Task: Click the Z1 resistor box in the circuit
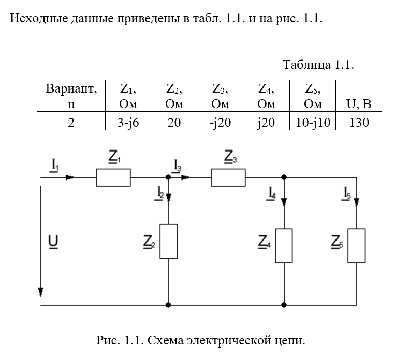point(113,177)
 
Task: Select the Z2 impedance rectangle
point(169,241)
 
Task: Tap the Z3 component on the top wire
point(228,177)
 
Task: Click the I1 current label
point(54,165)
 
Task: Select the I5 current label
point(346,194)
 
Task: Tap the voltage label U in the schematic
point(52,242)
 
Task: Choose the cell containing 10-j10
point(313,123)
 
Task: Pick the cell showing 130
point(359,123)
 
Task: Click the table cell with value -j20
point(220,123)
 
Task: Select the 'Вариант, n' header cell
point(71,96)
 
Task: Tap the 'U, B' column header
point(359,104)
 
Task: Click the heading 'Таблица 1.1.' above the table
point(318,65)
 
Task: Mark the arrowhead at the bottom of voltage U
point(40,292)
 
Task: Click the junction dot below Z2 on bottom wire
point(169,305)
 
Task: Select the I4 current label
point(272,194)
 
